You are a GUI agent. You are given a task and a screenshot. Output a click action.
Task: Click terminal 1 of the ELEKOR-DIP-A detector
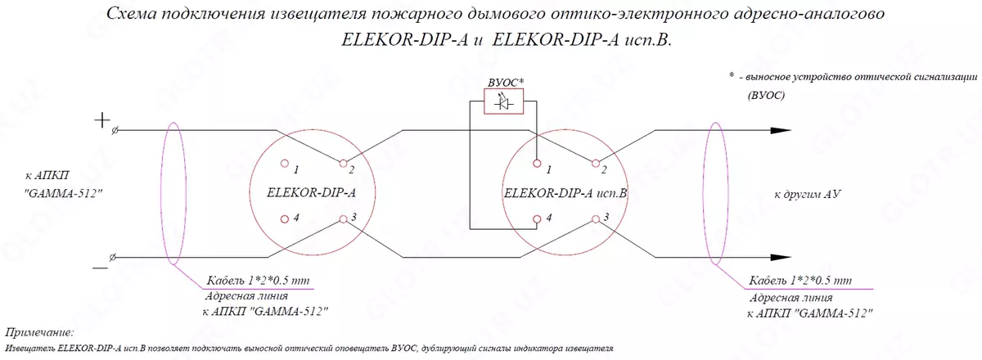(285, 164)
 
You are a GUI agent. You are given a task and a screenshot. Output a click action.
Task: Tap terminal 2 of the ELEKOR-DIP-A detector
(343, 164)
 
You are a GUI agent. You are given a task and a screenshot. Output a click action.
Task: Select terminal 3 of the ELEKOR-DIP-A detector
(343, 218)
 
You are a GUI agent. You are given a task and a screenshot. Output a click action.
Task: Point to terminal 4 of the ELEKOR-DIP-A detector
(285, 218)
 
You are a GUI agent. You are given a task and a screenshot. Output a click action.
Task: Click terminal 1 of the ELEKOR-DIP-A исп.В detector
(537, 164)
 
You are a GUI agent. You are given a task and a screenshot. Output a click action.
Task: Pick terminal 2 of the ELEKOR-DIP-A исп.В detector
(596, 164)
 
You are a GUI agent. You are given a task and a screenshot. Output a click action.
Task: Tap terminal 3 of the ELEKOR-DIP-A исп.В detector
(596, 218)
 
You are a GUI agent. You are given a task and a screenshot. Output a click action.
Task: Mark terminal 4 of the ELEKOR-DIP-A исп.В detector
(537, 218)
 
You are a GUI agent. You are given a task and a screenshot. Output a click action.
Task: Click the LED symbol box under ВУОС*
(504, 101)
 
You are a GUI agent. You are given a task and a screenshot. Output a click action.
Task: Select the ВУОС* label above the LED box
(506, 82)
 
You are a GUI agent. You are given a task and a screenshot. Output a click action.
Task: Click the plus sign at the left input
(102, 119)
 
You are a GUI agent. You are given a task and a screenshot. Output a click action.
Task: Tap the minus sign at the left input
(101, 268)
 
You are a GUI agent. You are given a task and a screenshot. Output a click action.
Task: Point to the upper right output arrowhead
(781, 130)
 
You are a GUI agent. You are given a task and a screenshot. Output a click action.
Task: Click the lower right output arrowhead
(781, 258)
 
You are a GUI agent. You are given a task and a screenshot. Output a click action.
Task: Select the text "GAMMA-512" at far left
(63, 193)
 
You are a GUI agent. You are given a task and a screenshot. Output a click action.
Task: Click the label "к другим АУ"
(807, 194)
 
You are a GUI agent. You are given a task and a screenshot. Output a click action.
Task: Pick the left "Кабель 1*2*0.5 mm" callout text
(259, 280)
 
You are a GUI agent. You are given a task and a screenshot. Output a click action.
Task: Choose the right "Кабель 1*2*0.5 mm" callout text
(800, 280)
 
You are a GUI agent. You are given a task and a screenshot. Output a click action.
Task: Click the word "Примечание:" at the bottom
(39, 333)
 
